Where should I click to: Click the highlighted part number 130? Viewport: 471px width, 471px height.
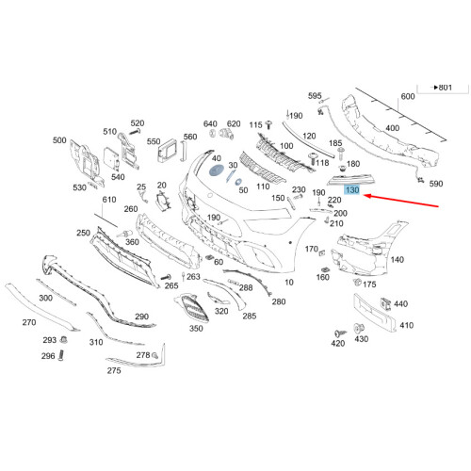pyautogui.click(x=351, y=190)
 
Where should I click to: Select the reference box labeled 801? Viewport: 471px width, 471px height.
pyautogui.click(x=442, y=87)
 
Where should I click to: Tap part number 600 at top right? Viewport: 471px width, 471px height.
pyautogui.click(x=408, y=97)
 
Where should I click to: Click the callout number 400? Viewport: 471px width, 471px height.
pyautogui.click(x=391, y=128)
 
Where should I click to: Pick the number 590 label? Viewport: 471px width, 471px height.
pyautogui.click(x=436, y=186)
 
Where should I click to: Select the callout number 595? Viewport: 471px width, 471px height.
pyautogui.click(x=315, y=96)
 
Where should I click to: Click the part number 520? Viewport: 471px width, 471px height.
pyautogui.click(x=138, y=123)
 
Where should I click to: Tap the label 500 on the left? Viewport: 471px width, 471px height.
pyautogui.click(x=59, y=140)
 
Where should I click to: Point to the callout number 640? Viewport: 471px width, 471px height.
pyautogui.click(x=209, y=123)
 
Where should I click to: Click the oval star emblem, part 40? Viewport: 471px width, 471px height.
pyautogui.click(x=216, y=175)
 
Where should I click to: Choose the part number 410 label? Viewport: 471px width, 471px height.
pyautogui.click(x=407, y=326)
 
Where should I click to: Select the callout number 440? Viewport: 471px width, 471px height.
pyautogui.click(x=401, y=304)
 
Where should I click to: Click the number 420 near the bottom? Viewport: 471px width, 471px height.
pyautogui.click(x=337, y=345)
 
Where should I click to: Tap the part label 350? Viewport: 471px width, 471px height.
pyautogui.click(x=196, y=329)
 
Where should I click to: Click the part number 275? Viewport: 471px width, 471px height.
pyautogui.click(x=114, y=371)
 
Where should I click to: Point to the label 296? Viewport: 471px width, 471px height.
pyautogui.click(x=48, y=357)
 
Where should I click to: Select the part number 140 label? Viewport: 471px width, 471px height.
pyautogui.click(x=397, y=259)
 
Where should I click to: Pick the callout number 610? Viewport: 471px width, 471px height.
pyautogui.click(x=109, y=200)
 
